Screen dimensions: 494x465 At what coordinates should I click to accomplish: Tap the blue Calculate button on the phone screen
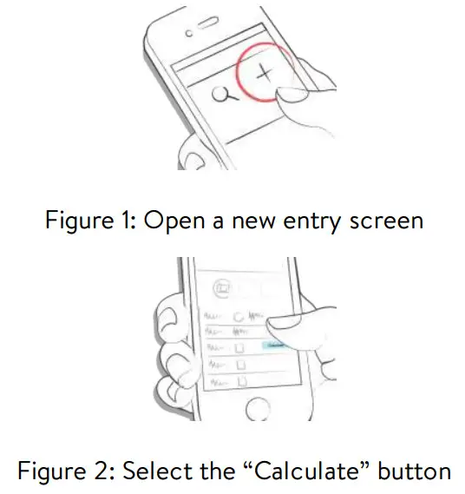click(277, 346)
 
